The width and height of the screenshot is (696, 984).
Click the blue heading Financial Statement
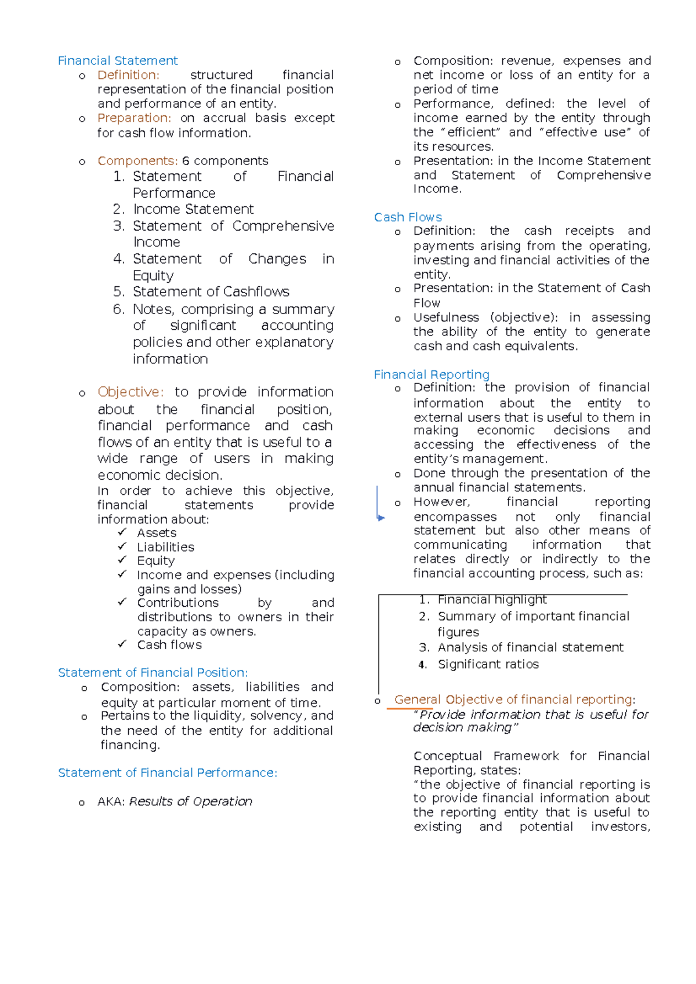click(x=118, y=61)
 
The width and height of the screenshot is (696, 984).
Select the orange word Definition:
click(x=128, y=75)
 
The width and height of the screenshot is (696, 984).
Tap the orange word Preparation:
click(x=134, y=118)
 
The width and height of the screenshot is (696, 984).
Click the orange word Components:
click(x=137, y=161)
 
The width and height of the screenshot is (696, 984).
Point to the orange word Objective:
click(x=130, y=392)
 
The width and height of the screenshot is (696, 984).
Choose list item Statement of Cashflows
click(x=211, y=292)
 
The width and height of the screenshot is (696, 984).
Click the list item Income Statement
click(x=193, y=209)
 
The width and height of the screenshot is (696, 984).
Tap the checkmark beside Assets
click(x=122, y=532)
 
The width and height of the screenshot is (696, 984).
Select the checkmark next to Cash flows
click(x=122, y=644)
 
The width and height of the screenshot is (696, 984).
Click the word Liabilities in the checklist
click(x=165, y=547)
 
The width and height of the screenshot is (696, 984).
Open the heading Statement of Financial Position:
click(x=153, y=673)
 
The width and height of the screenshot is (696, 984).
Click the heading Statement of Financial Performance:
click(x=168, y=773)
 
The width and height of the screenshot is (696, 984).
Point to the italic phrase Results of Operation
click(x=190, y=801)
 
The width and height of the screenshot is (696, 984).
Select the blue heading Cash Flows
click(x=408, y=217)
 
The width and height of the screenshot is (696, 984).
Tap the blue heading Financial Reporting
click(x=432, y=375)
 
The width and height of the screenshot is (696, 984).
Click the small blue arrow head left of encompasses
click(x=381, y=517)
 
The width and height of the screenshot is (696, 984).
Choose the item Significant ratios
click(x=488, y=665)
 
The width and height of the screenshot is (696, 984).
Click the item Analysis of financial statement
click(x=530, y=647)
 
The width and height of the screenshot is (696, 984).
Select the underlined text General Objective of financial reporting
click(x=513, y=700)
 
